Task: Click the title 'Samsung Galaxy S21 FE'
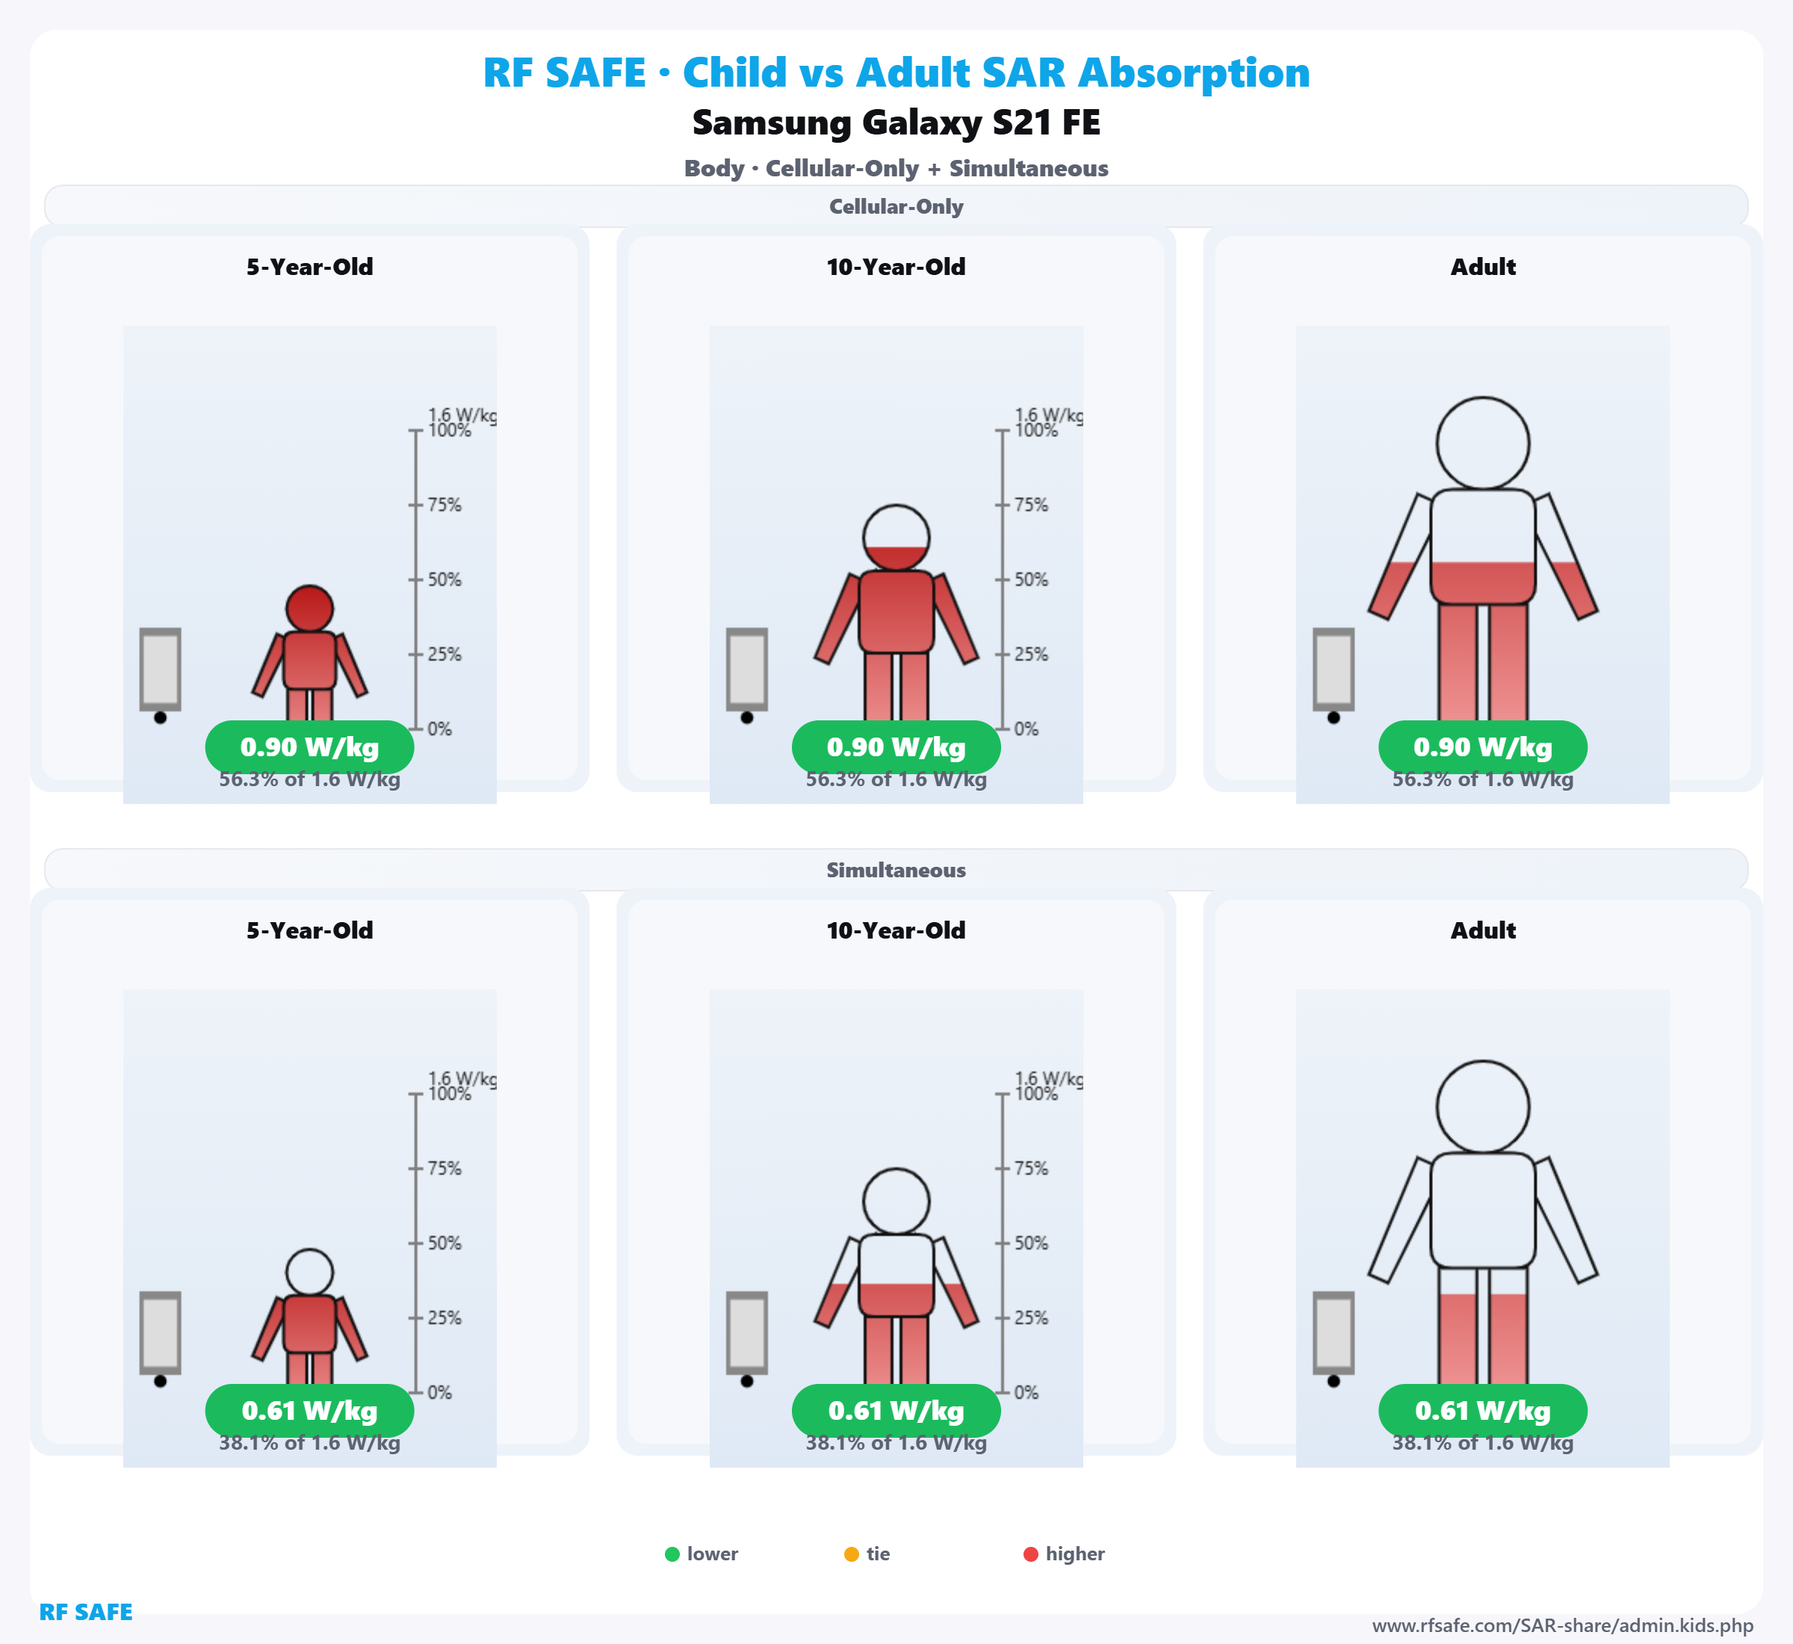click(x=896, y=123)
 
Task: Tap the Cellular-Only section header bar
click(x=896, y=206)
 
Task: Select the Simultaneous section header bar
click(x=896, y=870)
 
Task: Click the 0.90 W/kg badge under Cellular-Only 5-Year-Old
click(x=309, y=747)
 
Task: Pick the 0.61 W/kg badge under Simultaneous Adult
click(x=1483, y=1411)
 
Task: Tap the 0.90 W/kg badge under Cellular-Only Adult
click(x=1483, y=747)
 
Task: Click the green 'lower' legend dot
click(x=672, y=1554)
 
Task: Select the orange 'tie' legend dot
click(x=851, y=1554)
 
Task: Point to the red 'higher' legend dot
click(x=1031, y=1554)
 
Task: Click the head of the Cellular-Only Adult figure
click(x=1483, y=443)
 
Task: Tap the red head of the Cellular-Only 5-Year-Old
click(x=309, y=608)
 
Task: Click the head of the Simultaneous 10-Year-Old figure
click(x=896, y=1201)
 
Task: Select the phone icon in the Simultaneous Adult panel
click(x=1334, y=1332)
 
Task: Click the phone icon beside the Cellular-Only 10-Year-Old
click(x=747, y=669)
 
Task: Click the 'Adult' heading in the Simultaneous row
click(x=1483, y=930)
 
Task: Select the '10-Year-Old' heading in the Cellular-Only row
click(x=896, y=267)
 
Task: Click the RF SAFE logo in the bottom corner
click(x=86, y=1612)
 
